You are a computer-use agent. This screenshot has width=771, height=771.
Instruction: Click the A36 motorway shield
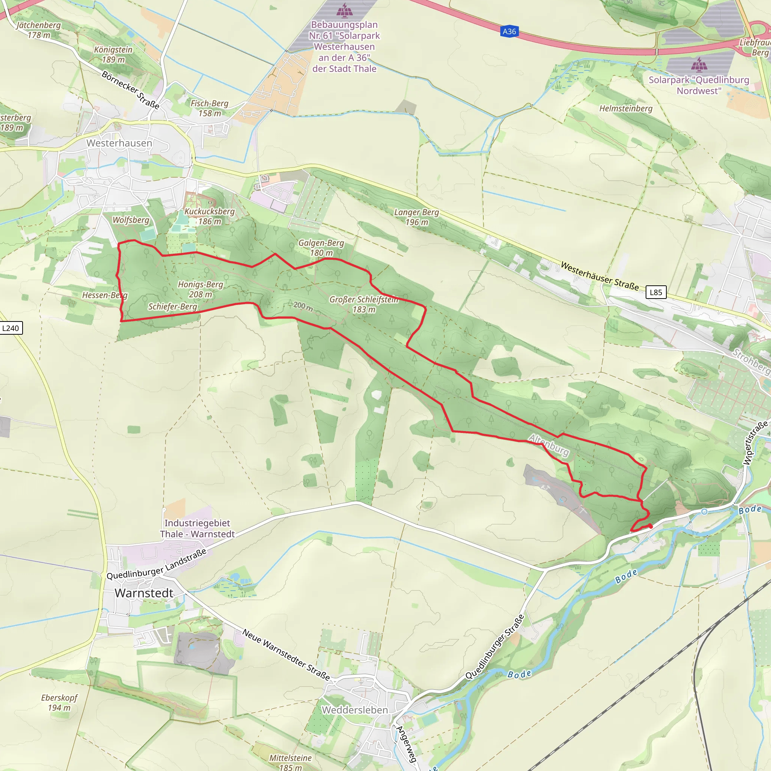click(509, 32)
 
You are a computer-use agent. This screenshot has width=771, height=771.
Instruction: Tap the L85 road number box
click(656, 292)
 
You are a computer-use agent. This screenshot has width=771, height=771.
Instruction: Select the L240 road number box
click(11, 328)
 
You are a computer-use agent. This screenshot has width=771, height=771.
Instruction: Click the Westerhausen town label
click(119, 143)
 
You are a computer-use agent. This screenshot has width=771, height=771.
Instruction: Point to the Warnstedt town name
click(144, 593)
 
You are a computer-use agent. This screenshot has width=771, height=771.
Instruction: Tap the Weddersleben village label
click(355, 710)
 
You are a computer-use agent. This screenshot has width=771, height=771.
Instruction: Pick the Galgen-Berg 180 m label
click(321, 248)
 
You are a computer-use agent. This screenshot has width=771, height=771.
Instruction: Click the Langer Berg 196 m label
click(417, 217)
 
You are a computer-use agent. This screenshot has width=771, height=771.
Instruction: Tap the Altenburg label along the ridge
click(549, 445)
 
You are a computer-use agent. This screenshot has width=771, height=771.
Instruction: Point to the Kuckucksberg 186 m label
click(210, 216)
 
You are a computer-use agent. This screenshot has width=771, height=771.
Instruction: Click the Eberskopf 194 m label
click(59, 702)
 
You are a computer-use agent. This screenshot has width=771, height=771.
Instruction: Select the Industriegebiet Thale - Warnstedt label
click(197, 528)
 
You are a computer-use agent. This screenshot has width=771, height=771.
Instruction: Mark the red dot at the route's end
click(651, 526)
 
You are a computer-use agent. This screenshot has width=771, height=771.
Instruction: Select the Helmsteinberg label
click(626, 108)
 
